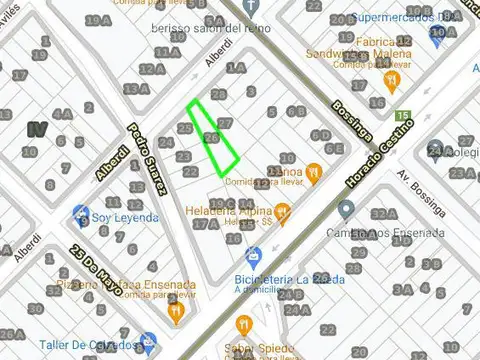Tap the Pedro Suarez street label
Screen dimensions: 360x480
(146, 171)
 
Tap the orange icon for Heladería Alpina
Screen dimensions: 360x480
(282, 212)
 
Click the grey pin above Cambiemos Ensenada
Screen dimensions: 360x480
(346, 210)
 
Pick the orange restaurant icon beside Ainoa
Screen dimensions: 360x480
(313, 172)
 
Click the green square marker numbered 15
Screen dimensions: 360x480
(404, 116)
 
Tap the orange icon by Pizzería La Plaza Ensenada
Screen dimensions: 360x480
(176, 313)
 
